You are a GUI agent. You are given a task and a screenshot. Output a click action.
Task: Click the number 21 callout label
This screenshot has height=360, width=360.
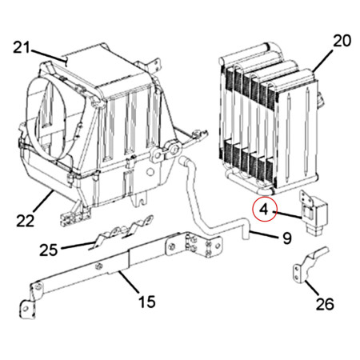[23, 47]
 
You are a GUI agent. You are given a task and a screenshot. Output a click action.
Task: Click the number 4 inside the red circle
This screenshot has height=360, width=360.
[264, 211]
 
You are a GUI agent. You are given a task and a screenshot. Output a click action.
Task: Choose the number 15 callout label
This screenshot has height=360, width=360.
[147, 302]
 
